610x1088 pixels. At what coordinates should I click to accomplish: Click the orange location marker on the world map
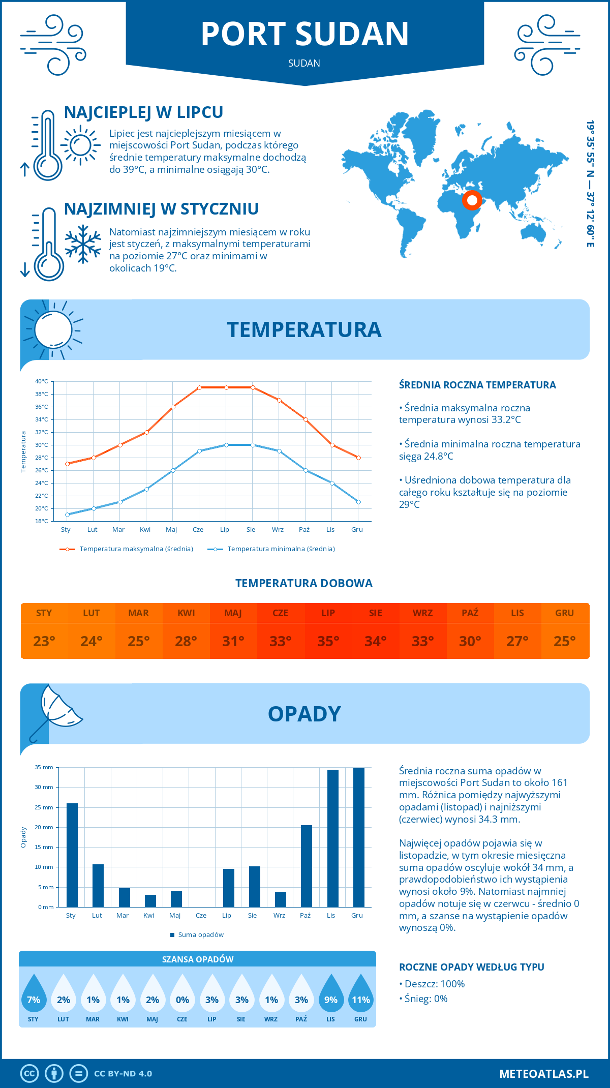point(472,200)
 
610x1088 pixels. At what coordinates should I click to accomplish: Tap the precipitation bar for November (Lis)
point(333,838)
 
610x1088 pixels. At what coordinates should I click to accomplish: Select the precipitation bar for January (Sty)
point(72,855)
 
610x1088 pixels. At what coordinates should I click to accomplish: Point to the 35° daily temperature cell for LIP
point(328,641)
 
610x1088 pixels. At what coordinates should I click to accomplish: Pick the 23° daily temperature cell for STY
point(44,641)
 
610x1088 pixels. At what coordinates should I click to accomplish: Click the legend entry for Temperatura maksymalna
point(127,549)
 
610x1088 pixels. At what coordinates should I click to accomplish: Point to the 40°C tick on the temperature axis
point(42,381)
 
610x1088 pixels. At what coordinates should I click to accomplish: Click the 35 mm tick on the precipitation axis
point(44,767)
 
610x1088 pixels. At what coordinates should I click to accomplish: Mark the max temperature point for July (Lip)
point(226,387)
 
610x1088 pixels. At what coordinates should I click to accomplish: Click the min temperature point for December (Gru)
point(358,502)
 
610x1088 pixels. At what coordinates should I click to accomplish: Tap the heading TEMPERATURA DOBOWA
point(304,583)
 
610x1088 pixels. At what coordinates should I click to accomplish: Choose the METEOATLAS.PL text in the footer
point(544,1074)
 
